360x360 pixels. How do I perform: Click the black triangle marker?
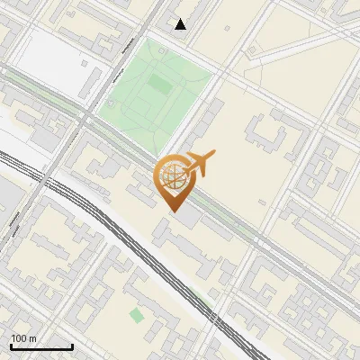[181, 24]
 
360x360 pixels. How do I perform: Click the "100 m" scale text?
[23, 337]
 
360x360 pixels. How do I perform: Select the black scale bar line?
[40, 346]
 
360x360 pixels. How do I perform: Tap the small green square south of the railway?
[136, 315]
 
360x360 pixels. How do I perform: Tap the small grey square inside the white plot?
[85, 65]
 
